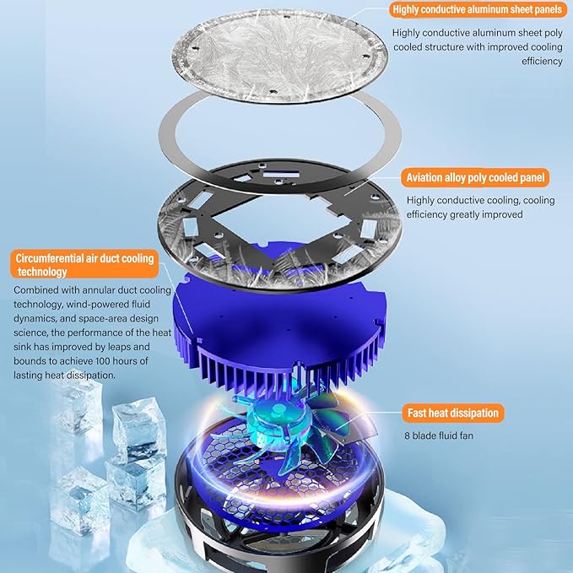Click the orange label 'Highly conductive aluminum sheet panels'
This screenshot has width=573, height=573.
(x=478, y=10)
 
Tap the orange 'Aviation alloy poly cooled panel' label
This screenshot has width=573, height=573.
(x=475, y=177)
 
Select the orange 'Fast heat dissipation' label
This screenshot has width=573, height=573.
(x=453, y=413)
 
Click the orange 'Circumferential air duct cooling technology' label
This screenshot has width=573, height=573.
(x=84, y=265)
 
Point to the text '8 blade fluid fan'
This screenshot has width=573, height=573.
(x=439, y=435)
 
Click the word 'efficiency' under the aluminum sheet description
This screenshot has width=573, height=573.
(x=542, y=61)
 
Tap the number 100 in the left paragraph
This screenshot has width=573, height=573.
(x=103, y=361)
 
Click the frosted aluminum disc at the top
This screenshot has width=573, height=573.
(x=279, y=56)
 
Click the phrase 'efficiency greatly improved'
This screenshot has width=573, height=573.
(x=464, y=214)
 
